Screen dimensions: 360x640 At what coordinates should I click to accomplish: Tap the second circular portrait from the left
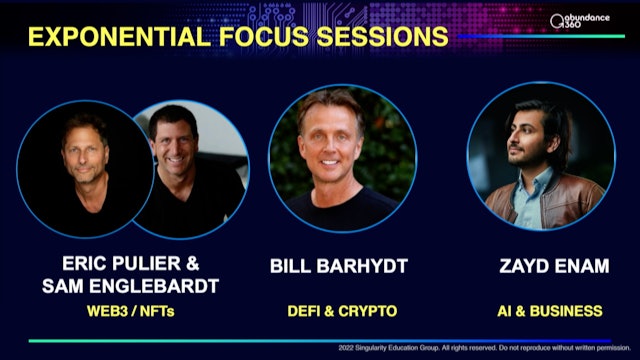point(190,165)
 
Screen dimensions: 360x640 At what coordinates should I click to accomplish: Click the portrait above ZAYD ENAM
point(537,160)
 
